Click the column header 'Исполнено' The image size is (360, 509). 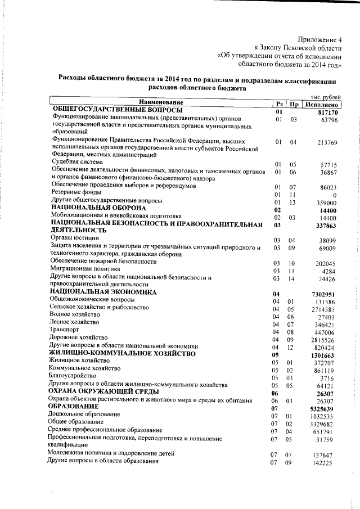coord(322,104)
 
